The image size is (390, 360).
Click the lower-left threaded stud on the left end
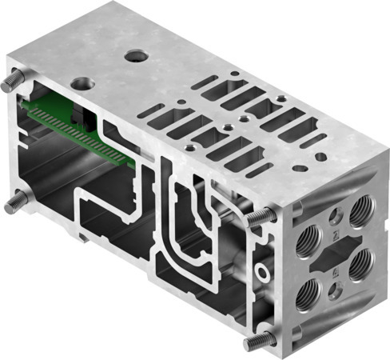[14, 203]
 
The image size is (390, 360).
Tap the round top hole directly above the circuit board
[82, 82]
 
